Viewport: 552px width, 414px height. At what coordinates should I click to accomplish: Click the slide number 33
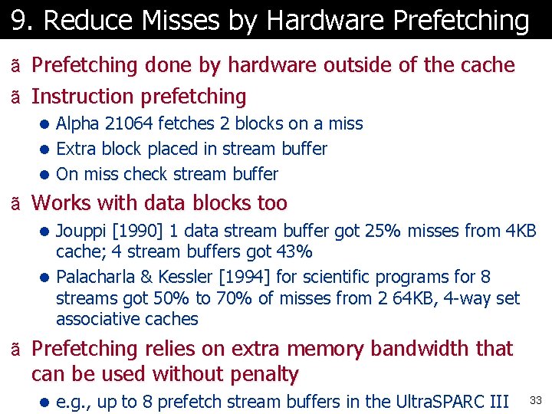pyautogui.click(x=535, y=401)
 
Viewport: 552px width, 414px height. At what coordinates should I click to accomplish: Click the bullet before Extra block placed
pyautogui.click(x=47, y=149)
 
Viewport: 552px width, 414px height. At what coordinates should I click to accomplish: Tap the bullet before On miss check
pyautogui.click(x=47, y=175)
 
